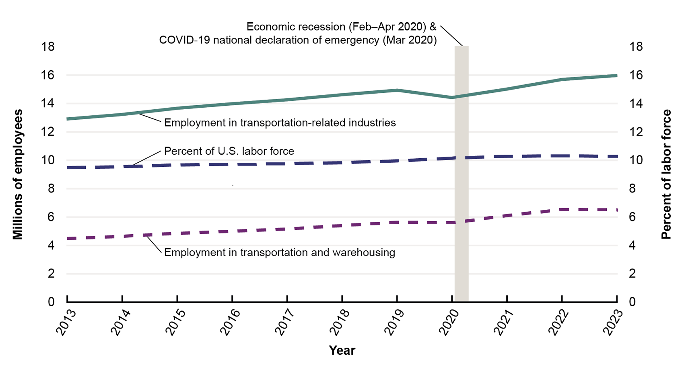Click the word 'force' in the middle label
[x=282, y=151]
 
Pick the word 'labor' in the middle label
[x=254, y=151]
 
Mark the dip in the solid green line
[x=452, y=98]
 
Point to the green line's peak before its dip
[x=397, y=90]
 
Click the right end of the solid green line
[x=616, y=76]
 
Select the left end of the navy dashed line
[x=68, y=168]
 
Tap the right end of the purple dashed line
[x=616, y=210]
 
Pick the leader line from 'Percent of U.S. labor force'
[x=147, y=158]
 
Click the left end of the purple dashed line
[x=68, y=239]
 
